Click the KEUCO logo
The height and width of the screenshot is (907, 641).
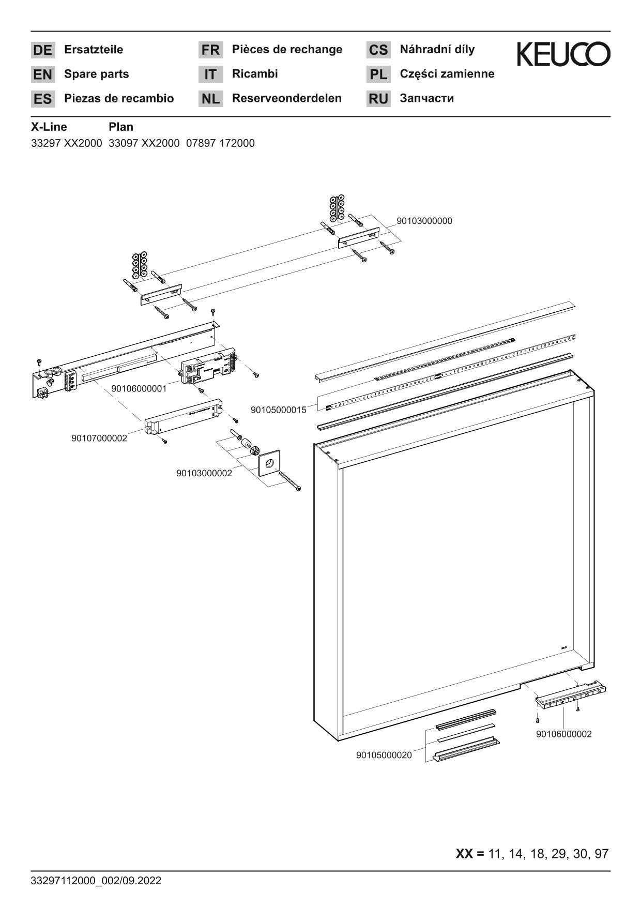[563, 54]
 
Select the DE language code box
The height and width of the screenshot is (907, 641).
[43, 50]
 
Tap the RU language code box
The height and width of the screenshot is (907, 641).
[378, 99]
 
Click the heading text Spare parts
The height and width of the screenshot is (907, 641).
[96, 74]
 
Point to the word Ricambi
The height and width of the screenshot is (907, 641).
[255, 74]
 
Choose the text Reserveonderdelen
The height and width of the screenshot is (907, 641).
[287, 98]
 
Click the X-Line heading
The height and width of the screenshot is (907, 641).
[49, 127]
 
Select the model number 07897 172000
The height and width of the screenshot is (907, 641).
[220, 143]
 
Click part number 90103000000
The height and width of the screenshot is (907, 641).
[424, 221]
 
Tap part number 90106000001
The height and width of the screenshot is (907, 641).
[139, 388]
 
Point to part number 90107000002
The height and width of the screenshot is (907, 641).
[99, 439]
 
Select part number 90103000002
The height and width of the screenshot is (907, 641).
[204, 473]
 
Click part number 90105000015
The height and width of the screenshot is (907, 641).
[279, 410]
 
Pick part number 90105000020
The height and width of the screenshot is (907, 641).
[384, 755]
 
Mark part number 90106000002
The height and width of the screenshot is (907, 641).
[564, 734]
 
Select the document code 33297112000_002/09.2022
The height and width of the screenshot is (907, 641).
[96, 881]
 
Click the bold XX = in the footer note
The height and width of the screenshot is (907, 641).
[469, 854]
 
